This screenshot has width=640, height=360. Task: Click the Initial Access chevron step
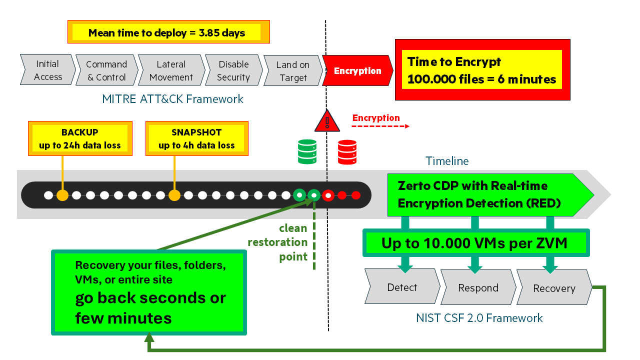click(47, 70)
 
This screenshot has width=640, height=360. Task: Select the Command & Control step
click(106, 70)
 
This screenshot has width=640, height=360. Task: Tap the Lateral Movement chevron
click(171, 70)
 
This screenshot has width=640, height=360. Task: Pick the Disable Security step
click(233, 70)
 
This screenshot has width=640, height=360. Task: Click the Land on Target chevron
click(293, 71)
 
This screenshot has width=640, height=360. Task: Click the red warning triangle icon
click(327, 121)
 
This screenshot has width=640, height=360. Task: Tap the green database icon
click(307, 151)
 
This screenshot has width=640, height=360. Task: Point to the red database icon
click(347, 152)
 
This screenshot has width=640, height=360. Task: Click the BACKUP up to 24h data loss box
click(80, 139)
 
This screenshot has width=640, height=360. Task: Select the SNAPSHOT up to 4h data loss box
click(196, 139)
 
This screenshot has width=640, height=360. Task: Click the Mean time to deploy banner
click(168, 32)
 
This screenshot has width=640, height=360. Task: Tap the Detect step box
click(402, 287)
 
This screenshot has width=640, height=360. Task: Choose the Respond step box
click(478, 287)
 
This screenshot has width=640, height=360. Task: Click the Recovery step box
click(553, 288)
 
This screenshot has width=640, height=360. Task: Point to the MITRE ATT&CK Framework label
click(172, 99)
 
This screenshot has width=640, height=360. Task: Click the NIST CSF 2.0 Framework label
click(479, 318)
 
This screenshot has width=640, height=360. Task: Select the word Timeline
click(447, 161)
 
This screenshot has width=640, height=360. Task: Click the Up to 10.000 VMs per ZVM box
click(475, 243)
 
